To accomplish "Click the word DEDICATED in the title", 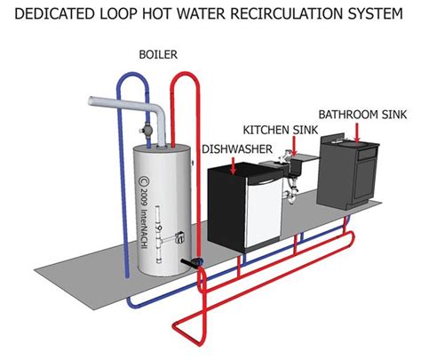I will tap(56, 14).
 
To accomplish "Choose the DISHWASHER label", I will tap(237, 148).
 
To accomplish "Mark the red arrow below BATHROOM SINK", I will tap(360, 130).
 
